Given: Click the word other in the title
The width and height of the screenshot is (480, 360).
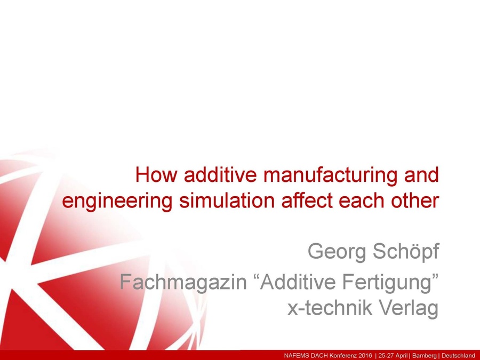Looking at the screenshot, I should (417, 201).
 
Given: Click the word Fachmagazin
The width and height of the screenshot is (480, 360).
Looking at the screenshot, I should (184, 282).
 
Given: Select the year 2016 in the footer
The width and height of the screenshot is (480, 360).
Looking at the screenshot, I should (361, 355).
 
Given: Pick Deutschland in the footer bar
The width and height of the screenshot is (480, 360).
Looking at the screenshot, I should (458, 355).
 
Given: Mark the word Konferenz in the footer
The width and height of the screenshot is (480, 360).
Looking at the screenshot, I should (339, 355).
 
